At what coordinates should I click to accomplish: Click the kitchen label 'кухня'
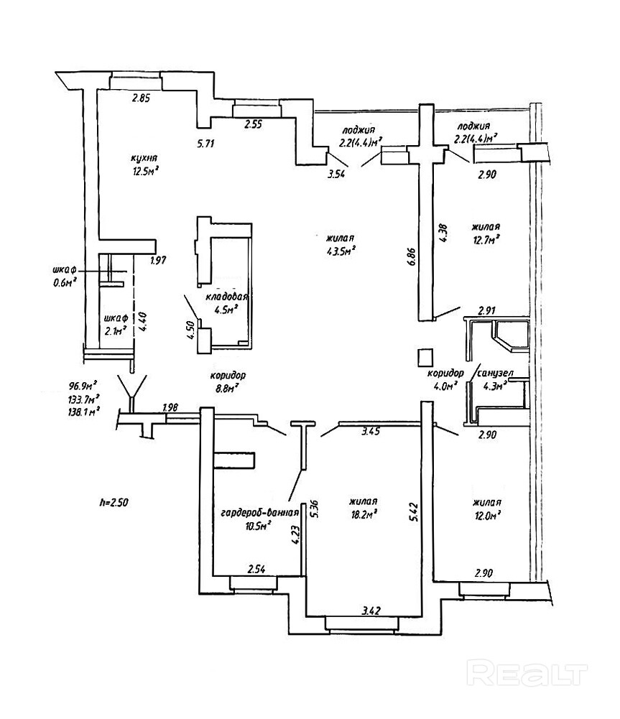coord(144,158)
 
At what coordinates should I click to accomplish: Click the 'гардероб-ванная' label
coord(259,513)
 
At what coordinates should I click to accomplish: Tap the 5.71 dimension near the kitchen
coord(206,143)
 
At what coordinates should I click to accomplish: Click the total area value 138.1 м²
coord(83,411)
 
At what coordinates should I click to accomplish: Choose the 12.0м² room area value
coord(486,515)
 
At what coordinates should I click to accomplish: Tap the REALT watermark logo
coord(528,674)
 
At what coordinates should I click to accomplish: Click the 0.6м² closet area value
coord(65,282)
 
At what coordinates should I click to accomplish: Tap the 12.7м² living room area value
coord(486,240)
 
